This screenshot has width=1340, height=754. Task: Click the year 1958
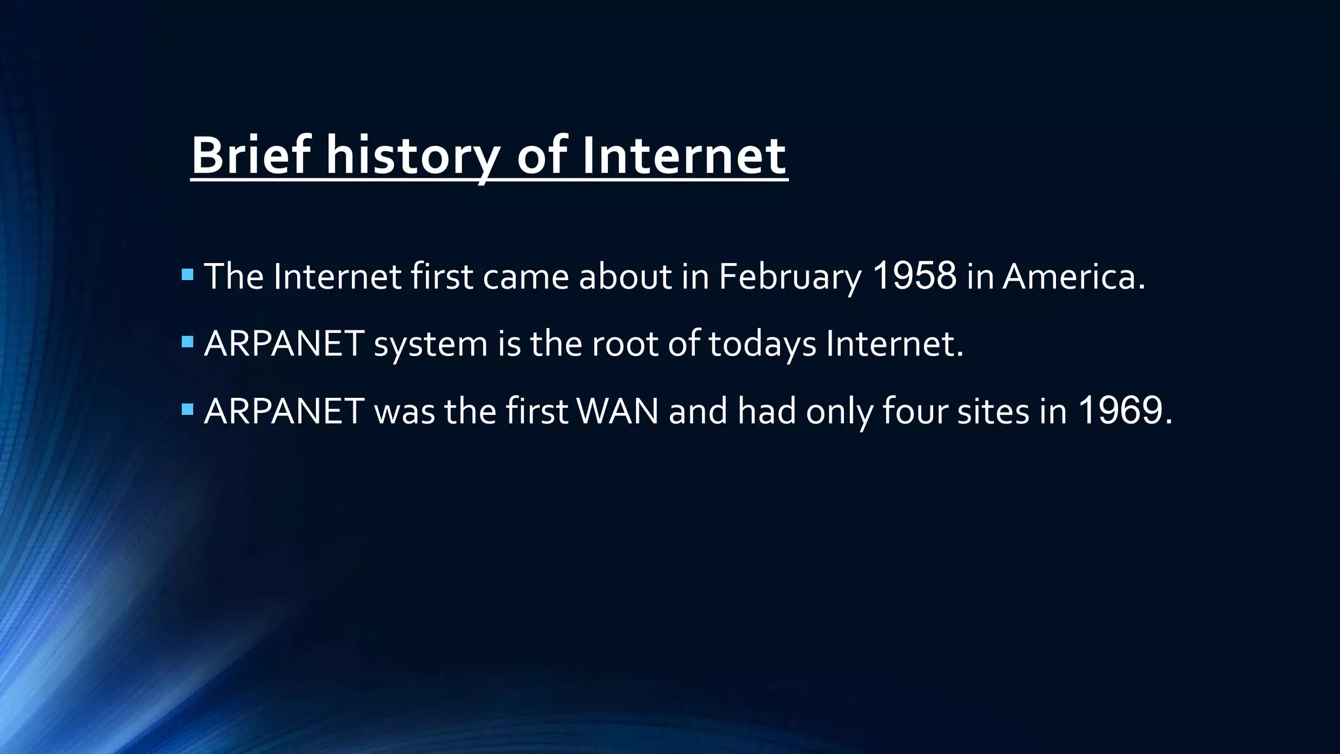point(914,276)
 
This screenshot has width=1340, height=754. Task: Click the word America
point(1074,276)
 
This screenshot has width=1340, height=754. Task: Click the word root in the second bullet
point(625,344)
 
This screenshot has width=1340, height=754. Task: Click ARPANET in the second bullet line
point(284,344)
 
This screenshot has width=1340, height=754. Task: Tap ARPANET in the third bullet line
point(284,411)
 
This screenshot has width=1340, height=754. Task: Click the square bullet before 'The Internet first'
point(188,274)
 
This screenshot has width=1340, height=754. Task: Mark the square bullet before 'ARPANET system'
point(188,342)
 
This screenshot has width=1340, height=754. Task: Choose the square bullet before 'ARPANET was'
point(188,410)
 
